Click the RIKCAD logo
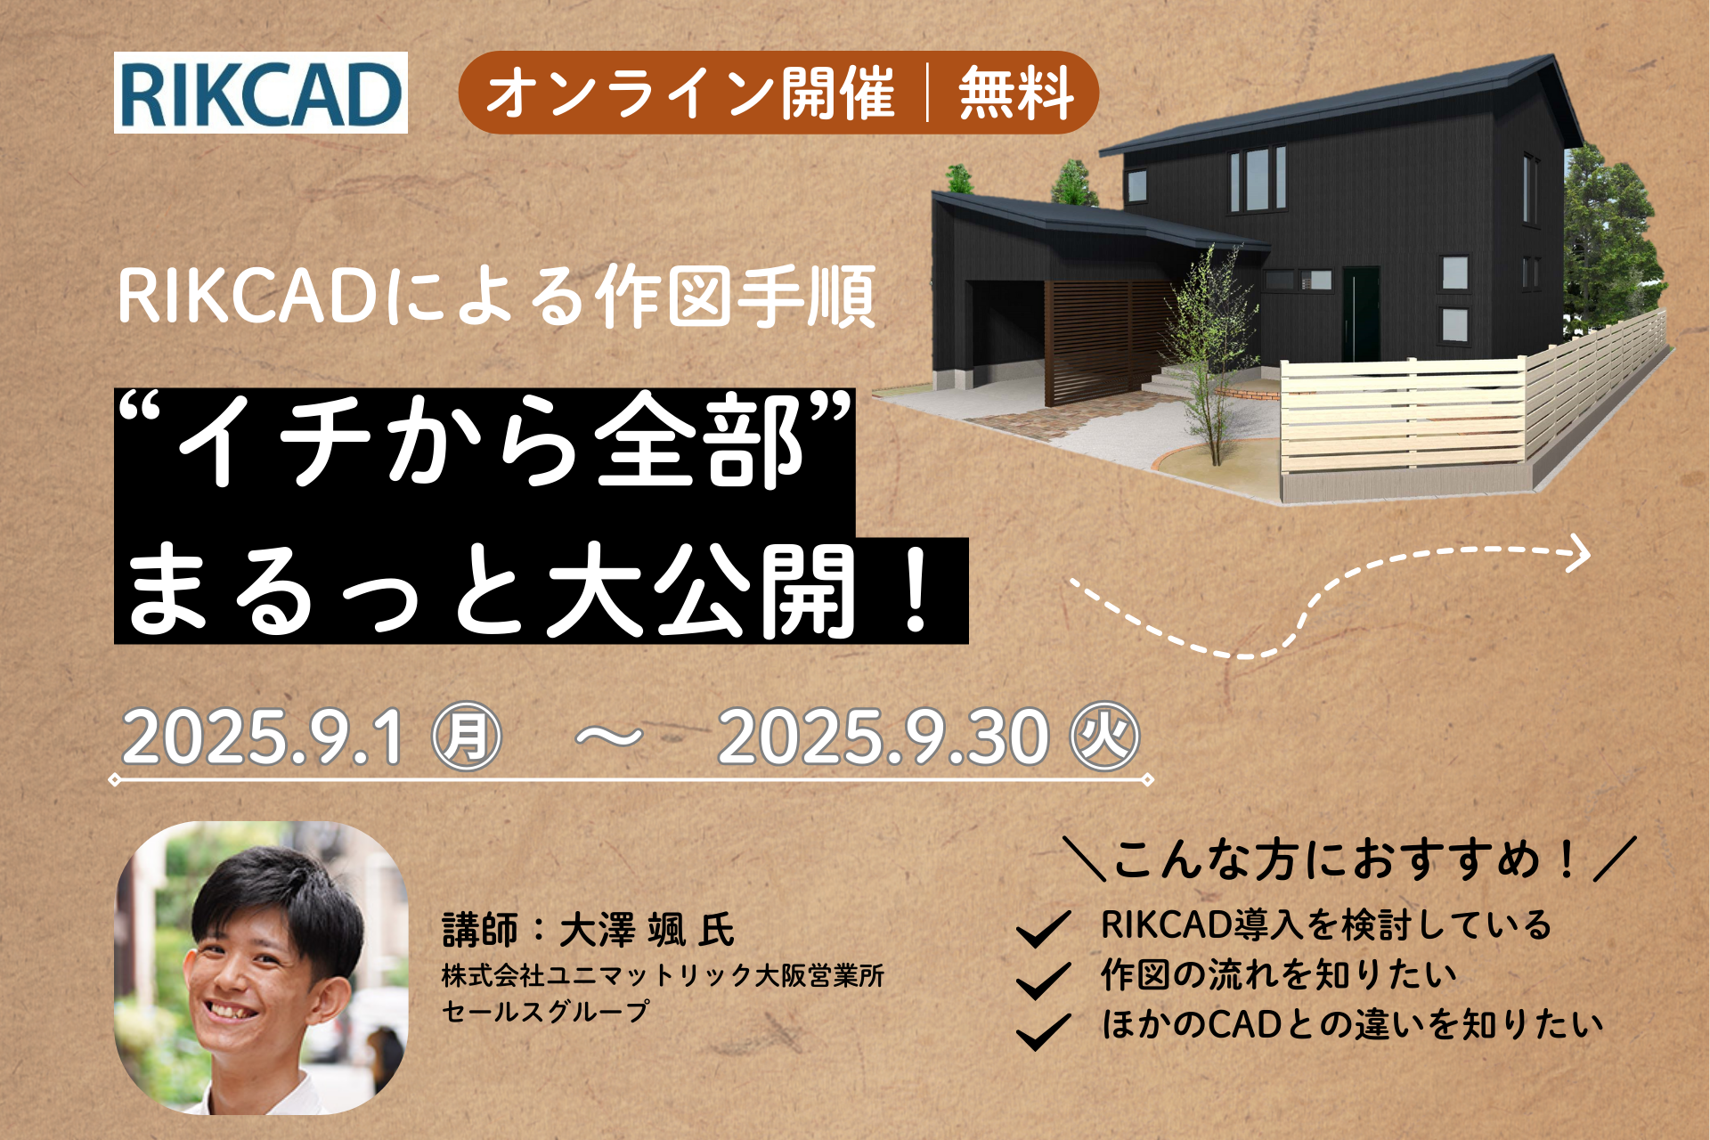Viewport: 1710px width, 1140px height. (x=261, y=93)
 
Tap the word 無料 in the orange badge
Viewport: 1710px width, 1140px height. (x=1015, y=94)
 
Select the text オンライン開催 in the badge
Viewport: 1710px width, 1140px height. (x=690, y=94)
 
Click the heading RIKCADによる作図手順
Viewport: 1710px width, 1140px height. (x=497, y=297)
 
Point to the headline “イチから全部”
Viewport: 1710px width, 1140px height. (x=484, y=440)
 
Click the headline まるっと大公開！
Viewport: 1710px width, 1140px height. (x=534, y=590)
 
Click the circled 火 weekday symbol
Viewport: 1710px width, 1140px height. (x=1105, y=737)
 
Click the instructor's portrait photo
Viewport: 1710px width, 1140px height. (x=261, y=968)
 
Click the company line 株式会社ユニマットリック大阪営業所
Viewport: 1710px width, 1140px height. (x=664, y=976)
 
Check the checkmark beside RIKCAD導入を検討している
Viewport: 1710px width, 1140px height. (x=1043, y=929)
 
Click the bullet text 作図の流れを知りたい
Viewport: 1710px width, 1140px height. (x=1279, y=974)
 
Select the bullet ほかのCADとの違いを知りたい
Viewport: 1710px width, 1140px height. (x=1352, y=1024)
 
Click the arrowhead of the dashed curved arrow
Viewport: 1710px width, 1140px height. (x=1578, y=553)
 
